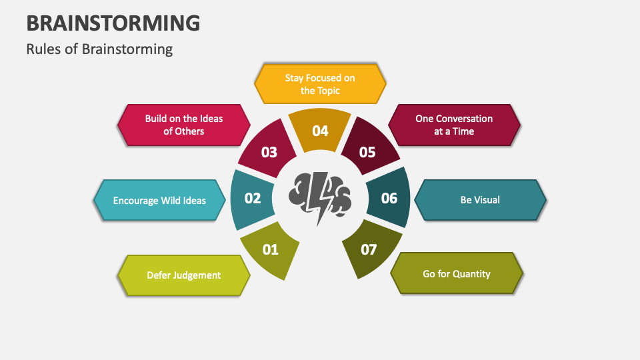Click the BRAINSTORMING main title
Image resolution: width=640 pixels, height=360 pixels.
click(x=113, y=23)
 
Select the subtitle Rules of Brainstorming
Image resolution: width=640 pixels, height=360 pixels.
click(x=99, y=49)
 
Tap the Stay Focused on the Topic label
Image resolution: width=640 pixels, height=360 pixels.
click(x=320, y=84)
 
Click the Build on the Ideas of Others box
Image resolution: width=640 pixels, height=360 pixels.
click(x=184, y=125)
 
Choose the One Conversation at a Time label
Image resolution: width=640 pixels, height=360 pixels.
click(x=454, y=125)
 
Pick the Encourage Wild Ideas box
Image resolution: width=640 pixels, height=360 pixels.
click(x=159, y=200)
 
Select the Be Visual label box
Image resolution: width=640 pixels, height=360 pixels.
click(x=480, y=199)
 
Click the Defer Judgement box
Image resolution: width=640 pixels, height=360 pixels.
click(x=183, y=275)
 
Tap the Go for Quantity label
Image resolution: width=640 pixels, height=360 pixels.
click(x=457, y=273)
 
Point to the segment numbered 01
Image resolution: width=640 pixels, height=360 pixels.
click(x=269, y=250)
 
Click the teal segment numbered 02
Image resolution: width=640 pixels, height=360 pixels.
click(x=252, y=199)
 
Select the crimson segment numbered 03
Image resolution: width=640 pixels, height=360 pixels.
click(x=269, y=152)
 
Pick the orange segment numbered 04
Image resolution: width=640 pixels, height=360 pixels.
click(x=320, y=130)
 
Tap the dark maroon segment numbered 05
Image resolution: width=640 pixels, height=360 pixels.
click(x=368, y=152)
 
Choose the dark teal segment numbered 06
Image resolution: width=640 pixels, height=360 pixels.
click(x=389, y=198)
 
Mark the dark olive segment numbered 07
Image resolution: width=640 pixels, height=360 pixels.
click(x=369, y=250)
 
